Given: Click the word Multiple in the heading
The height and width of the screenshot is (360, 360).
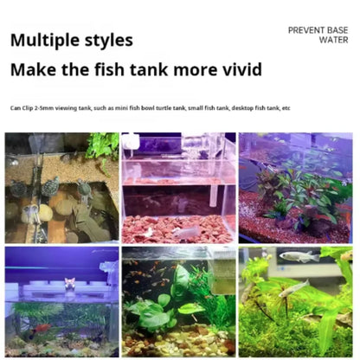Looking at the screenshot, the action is (44, 41).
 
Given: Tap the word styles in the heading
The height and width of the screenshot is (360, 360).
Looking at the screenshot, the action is (109, 41).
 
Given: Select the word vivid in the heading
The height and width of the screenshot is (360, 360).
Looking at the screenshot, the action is (241, 69).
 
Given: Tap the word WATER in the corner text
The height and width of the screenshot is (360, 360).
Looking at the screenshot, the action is (333, 40).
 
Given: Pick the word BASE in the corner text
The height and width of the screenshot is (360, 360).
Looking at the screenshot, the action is (337, 30).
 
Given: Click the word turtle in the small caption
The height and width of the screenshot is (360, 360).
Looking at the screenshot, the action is (164, 108).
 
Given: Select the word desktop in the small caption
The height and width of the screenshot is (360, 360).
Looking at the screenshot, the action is (242, 108).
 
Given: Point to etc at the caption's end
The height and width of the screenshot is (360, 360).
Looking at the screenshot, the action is (286, 108).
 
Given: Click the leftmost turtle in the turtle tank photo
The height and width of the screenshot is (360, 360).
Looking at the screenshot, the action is (19, 188).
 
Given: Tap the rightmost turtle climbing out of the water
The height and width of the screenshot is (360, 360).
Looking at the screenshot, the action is (85, 189).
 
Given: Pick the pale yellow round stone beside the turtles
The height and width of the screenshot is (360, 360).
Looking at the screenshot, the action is (46, 212).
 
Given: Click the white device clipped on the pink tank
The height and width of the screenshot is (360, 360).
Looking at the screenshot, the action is (131, 141).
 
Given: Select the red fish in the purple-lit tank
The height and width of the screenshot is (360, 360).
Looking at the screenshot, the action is (43, 328).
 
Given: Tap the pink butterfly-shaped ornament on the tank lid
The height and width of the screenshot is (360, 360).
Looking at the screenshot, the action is (70, 283).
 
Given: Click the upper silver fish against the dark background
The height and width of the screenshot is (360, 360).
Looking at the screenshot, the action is (299, 256).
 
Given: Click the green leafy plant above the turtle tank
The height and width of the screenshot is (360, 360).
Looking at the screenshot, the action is (103, 145).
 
